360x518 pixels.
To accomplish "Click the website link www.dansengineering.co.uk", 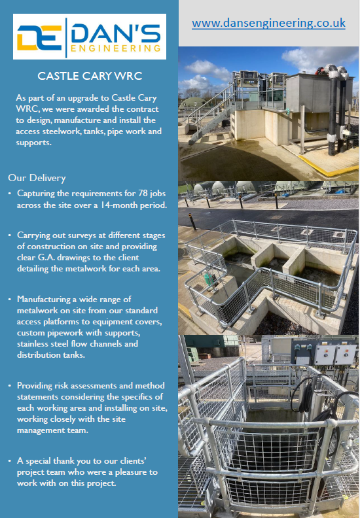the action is (x=268, y=23).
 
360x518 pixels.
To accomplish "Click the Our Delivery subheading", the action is (x=37, y=178).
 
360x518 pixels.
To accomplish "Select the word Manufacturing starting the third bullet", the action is (x=46, y=299).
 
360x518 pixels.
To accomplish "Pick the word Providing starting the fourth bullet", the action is (x=37, y=387).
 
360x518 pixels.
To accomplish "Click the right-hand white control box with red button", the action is (x=344, y=354).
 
